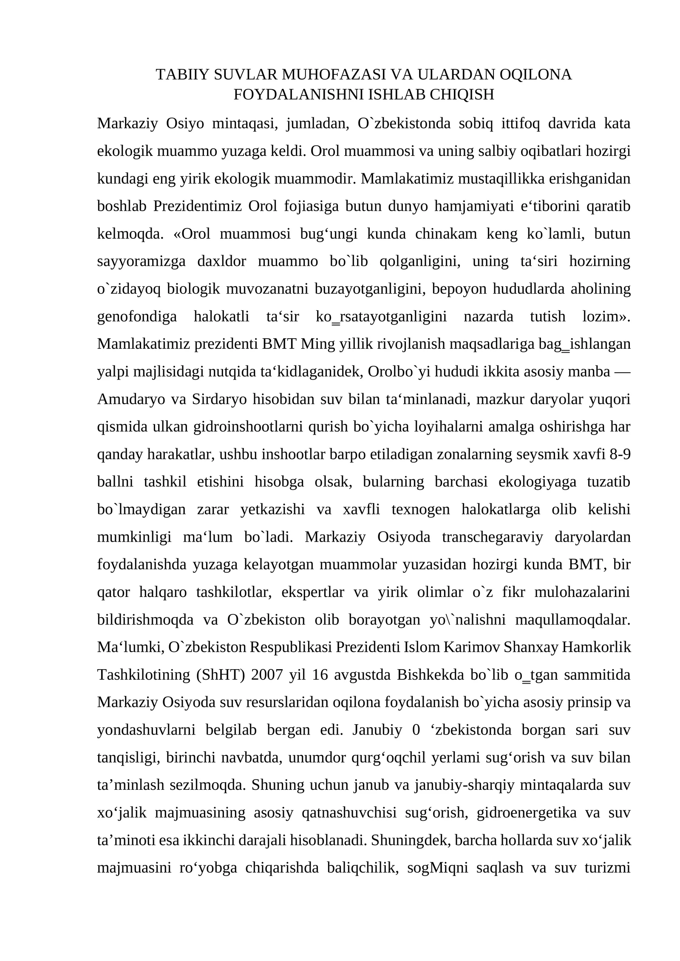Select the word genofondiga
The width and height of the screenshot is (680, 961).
[x=137, y=316]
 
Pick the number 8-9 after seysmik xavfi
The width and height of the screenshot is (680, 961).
[x=620, y=454]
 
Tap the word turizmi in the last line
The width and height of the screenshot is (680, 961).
[x=607, y=868]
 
